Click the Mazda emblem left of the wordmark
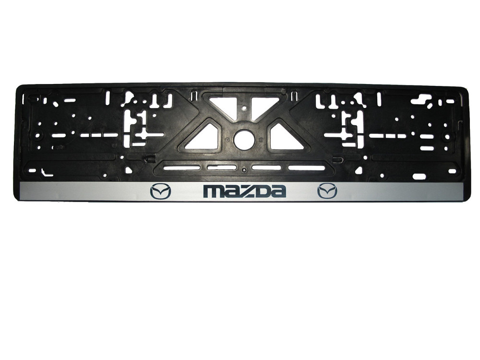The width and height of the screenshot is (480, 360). coord(160,192)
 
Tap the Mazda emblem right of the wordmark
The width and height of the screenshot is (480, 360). coord(327,191)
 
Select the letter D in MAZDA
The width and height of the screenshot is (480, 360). coord(261,192)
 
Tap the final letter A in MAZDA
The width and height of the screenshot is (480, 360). coord(277,192)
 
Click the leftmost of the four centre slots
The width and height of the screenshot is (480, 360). coord(181,168)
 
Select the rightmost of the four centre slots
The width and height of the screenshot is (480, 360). coord(306,168)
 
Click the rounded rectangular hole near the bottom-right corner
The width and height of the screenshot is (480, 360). coord(419,176)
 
